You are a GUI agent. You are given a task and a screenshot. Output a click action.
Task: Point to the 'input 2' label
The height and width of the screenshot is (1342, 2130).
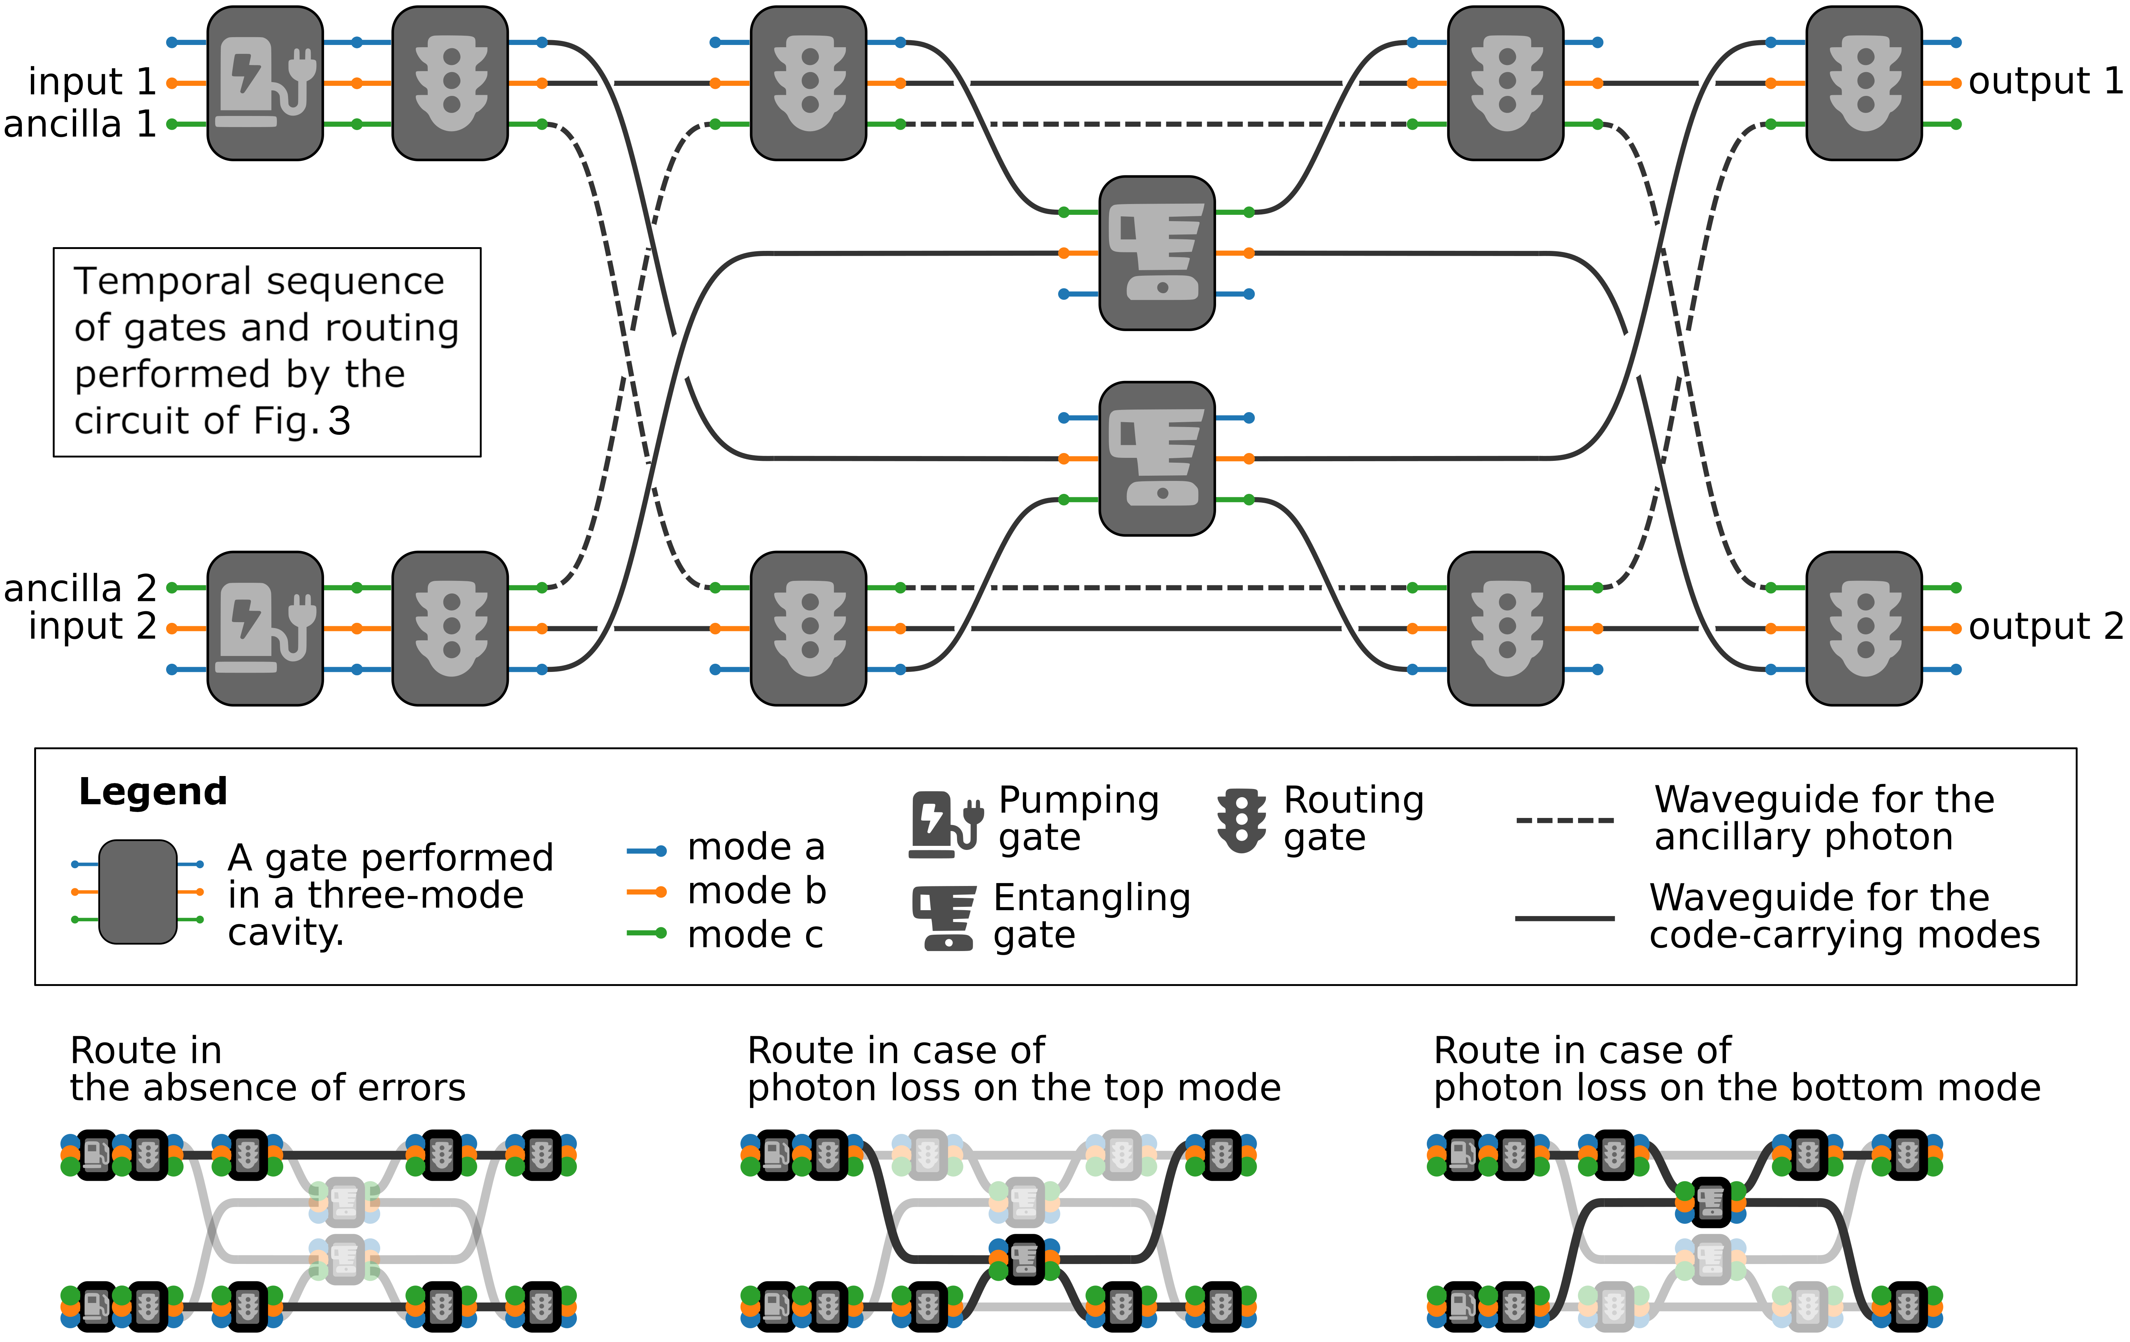click(92, 626)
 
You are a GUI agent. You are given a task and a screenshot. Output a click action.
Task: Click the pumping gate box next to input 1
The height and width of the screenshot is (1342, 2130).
click(265, 83)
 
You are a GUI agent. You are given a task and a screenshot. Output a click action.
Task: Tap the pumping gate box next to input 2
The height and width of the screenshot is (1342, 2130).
click(265, 628)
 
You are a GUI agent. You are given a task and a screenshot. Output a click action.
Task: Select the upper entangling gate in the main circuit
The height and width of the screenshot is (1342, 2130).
click(1157, 253)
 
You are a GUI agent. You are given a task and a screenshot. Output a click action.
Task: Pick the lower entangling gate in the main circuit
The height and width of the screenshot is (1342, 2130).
click(1157, 458)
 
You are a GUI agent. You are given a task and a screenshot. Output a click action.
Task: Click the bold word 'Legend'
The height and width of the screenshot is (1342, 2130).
click(153, 792)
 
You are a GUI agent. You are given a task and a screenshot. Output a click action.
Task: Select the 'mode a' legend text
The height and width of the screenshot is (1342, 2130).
click(756, 847)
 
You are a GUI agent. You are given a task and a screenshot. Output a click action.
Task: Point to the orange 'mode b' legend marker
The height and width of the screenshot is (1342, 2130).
click(647, 892)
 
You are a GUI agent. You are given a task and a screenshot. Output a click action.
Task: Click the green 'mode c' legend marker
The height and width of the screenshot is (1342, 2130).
click(647, 934)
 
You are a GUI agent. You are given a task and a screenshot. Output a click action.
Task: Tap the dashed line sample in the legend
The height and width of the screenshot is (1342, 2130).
click(1565, 820)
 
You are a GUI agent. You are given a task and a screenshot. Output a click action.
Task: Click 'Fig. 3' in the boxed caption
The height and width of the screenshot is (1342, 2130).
click(302, 421)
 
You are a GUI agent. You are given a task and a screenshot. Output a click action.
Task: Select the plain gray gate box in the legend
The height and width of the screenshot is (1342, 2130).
click(138, 892)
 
